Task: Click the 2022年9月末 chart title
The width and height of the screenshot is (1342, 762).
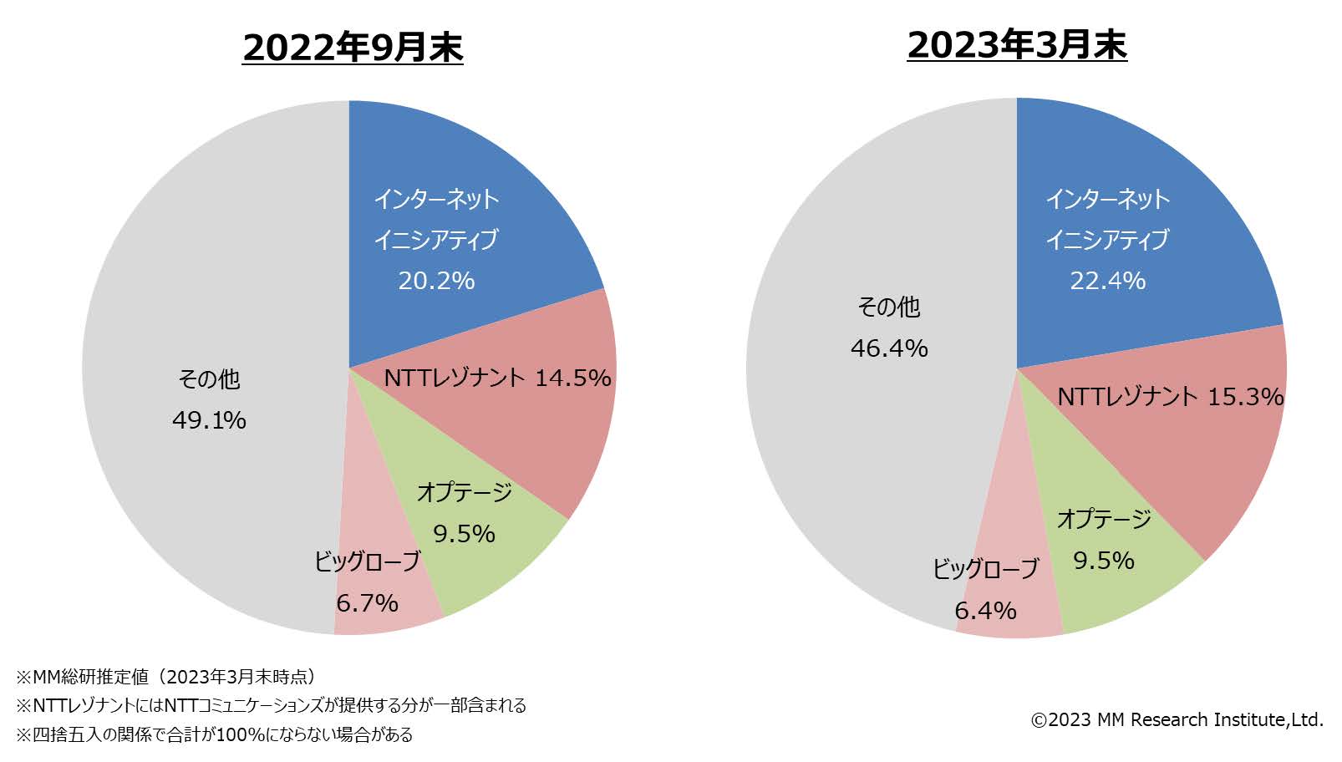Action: (353, 48)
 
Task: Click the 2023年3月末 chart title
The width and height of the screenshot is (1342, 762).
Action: (1017, 44)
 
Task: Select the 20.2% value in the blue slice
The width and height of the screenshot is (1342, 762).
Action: (436, 281)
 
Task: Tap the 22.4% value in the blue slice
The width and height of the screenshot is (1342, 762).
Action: (1108, 281)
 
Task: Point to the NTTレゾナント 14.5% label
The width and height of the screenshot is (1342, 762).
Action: (497, 378)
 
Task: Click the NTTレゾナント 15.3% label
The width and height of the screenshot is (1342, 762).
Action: (1170, 396)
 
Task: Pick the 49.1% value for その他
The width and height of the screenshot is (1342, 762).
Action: (209, 420)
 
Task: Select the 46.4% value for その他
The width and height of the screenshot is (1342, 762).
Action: (889, 348)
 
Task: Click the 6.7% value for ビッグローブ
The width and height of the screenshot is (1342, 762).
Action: (367, 603)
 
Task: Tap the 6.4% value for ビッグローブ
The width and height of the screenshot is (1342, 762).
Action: (985, 611)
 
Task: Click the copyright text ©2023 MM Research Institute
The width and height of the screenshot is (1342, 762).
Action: (1177, 719)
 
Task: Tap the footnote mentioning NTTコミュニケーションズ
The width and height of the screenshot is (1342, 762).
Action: (271, 705)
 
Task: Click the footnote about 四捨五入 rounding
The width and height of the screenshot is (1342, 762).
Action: (214, 734)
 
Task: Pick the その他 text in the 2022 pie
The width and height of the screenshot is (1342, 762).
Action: (209, 379)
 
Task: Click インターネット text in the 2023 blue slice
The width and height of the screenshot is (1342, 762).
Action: (1108, 200)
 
